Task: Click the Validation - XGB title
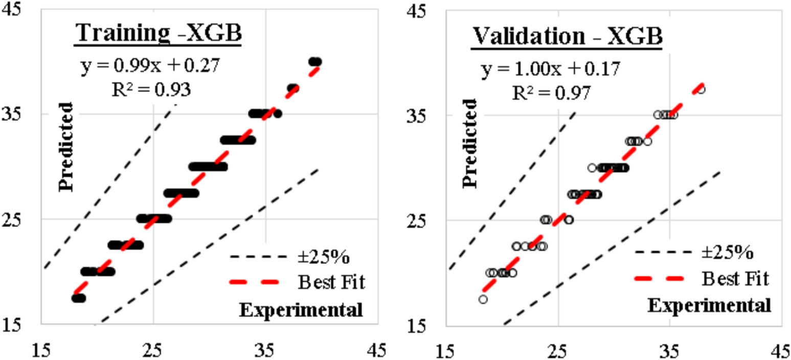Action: click(567, 36)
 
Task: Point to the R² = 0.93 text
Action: click(151, 90)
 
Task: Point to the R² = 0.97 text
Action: click(552, 92)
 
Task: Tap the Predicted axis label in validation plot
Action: click(470, 144)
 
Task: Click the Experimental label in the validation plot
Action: click(709, 305)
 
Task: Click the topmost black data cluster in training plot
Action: click(315, 62)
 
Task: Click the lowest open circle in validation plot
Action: click(483, 299)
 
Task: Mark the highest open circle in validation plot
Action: click(701, 89)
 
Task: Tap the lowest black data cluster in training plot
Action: click(78, 298)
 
